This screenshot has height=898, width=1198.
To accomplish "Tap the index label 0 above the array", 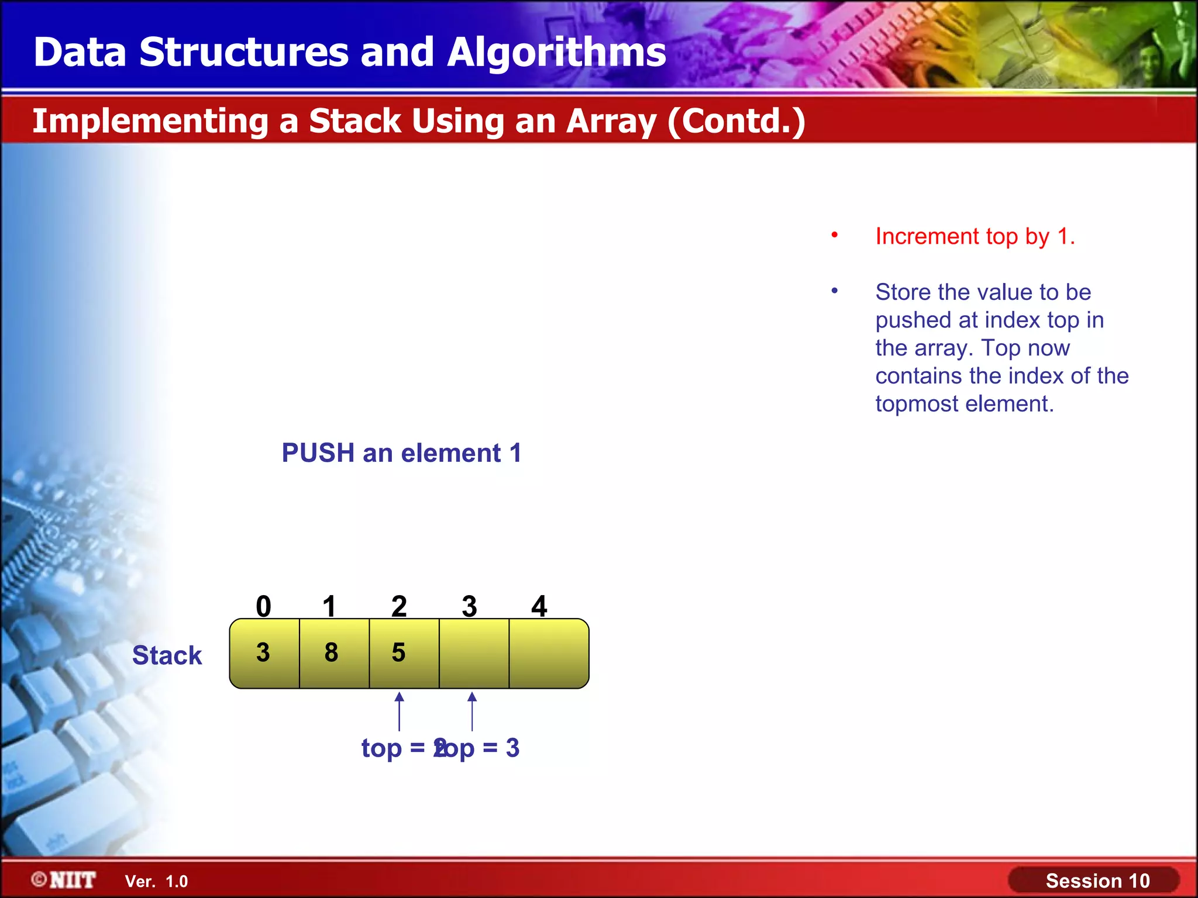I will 264,606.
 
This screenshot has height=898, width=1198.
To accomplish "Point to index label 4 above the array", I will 539,606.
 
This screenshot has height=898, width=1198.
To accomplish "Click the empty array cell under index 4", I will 548,653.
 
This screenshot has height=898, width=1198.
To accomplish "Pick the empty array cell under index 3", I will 474,653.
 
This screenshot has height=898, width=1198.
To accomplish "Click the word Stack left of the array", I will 167,655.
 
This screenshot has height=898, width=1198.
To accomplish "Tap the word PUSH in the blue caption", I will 318,453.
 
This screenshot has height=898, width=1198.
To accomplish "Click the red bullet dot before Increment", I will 835,235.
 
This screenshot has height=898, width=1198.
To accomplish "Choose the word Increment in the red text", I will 927,237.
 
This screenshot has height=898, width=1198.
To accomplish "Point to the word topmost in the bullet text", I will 917,404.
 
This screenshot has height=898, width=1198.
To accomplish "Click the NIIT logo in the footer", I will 64,880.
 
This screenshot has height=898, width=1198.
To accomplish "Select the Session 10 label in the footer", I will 1097,880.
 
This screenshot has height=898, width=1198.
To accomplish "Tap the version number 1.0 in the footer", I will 176,882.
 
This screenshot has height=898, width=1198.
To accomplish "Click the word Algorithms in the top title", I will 556,53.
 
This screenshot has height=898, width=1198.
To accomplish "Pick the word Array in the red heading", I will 611,122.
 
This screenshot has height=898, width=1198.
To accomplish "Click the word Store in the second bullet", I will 903,292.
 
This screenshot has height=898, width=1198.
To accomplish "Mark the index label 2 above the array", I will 399,606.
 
